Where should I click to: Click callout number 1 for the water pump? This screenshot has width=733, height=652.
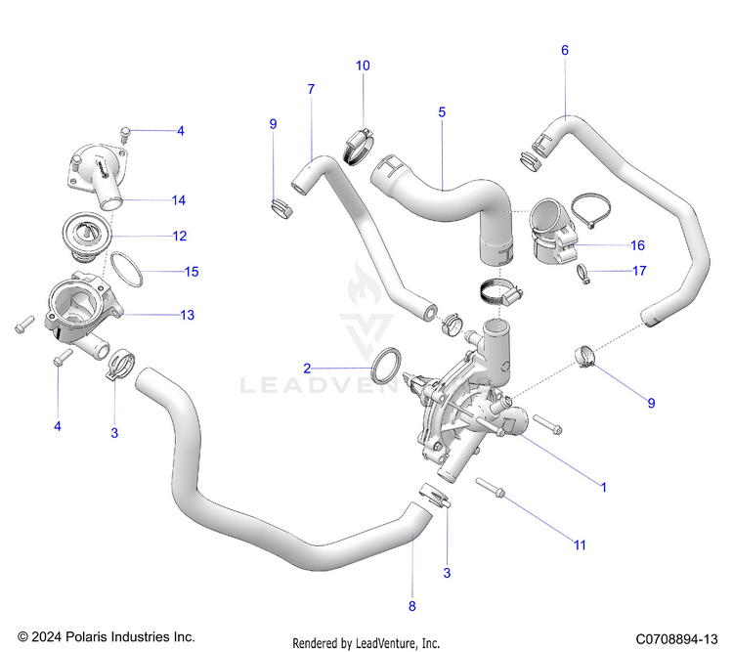pyautogui.click(x=603, y=486)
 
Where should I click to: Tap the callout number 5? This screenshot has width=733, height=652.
pyautogui.click(x=442, y=112)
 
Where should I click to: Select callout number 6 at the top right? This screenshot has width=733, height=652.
pyautogui.click(x=564, y=50)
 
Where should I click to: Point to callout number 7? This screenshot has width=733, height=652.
pyautogui.click(x=311, y=89)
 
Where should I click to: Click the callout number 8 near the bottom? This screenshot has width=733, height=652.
pyautogui.click(x=411, y=607)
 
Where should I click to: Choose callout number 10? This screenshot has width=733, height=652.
pyautogui.click(x=363, y=65)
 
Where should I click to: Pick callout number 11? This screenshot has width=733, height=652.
pyautogui.click(x=580, y=544)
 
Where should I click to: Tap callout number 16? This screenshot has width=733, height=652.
pyautogui.click(x=637, y=245)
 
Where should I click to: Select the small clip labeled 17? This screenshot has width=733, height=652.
pyautogui.click(x=585, y=275)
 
